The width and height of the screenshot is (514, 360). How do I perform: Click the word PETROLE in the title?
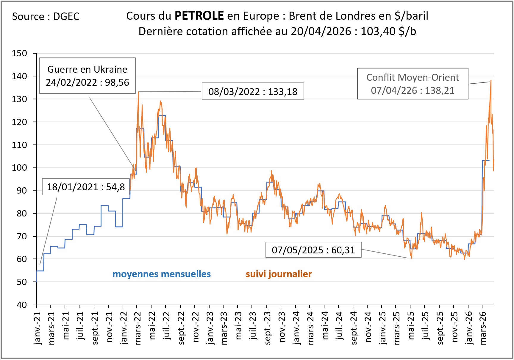[199, 16]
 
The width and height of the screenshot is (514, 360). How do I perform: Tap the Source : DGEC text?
[46, 16]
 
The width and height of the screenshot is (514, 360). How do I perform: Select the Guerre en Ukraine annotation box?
[88, 76]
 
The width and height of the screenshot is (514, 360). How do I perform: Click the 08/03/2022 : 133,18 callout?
[253, 91]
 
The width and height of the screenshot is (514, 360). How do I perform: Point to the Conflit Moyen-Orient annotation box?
[413, 84]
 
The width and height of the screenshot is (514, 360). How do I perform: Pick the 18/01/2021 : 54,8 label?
[86, 187]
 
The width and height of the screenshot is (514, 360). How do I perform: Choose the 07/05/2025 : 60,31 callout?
[313, 250]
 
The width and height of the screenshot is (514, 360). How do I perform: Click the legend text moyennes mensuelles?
[162, 274]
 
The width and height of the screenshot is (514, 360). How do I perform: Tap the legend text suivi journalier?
[279, 274]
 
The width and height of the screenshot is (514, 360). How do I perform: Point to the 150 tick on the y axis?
[19, 53]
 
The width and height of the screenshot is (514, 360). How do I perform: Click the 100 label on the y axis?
[19, 168]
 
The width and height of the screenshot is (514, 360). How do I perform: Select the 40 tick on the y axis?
[21, 305]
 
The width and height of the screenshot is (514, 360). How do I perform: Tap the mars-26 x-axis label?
[483, 328]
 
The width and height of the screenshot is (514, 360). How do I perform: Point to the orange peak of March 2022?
[139, 92]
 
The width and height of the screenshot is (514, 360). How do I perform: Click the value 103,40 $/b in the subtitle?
[388, 31]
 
